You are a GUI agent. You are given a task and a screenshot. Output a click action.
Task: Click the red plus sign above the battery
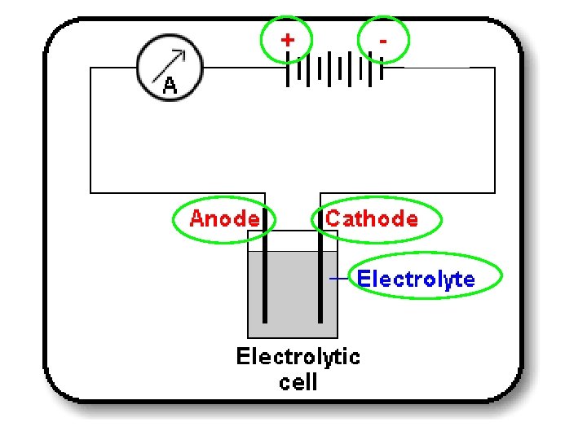(x=287, y=39)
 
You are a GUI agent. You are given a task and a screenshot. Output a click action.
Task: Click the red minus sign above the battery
(x=383, y=39)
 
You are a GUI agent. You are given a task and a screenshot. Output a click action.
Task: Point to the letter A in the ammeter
(x=170, y=86)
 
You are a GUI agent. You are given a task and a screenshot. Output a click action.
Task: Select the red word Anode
(x=224, y=218)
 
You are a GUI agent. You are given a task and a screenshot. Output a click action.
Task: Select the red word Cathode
(x=372, y=218)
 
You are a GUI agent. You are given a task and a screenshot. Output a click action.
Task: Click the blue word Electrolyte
(x=416, y=279)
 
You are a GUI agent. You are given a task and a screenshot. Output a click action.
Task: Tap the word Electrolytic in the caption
(x=298, y=356)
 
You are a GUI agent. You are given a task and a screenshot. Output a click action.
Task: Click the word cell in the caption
(x=298, y=381)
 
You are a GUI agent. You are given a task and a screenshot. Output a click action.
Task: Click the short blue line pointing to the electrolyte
(x=338, y=279)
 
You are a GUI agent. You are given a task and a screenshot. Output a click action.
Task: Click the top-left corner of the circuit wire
(x=90, y=68)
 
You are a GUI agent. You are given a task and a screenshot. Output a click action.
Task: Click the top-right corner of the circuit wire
(x=495, y=68)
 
